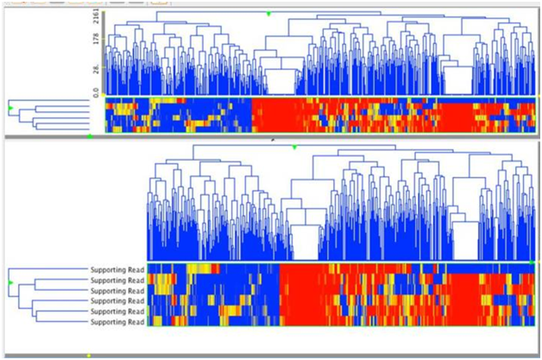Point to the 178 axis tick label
pyautogui.click(x=96, y=38)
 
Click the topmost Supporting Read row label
pyautogui.click(x=117, y=269)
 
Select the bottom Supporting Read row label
pyautogui.click(x=117, y=321)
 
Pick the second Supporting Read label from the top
pyautogui.click(x=117, y=280)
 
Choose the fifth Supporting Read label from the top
pyautogui.click(x=117, y=311)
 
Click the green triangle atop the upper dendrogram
pyautogui.click(x=269, y=13)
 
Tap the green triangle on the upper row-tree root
pyautogui.click(x=10, y=107)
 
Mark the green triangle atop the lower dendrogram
pyautogui.click(x=293, y=148)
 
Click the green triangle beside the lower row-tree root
pyautogui.click(x=10, y=282)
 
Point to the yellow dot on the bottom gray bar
pyautogui.click(x=89, y=355)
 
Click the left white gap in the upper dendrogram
pyautogui.click(x=280, y=83)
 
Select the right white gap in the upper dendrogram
pyautogui.click(x=457, y=82)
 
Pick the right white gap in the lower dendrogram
pyautogui.click(x=465, y=245)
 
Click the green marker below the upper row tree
pyautogui.click(x=90, y=136)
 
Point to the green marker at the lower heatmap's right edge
pyautogui.click(x=533, y=261)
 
